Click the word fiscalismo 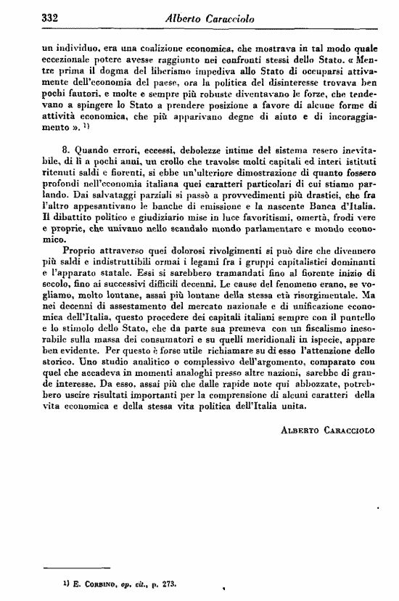316,338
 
